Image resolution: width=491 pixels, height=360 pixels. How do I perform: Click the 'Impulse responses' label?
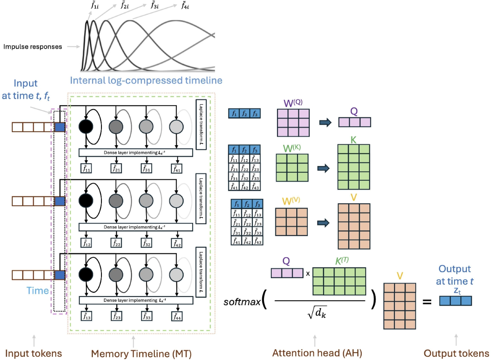tap(33, 47)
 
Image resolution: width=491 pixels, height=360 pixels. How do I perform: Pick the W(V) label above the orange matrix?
tap(291, 202)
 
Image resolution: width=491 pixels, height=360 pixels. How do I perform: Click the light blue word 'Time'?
tap(38, 290)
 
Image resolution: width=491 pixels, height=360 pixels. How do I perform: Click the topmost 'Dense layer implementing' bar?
tap(135, 153)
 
